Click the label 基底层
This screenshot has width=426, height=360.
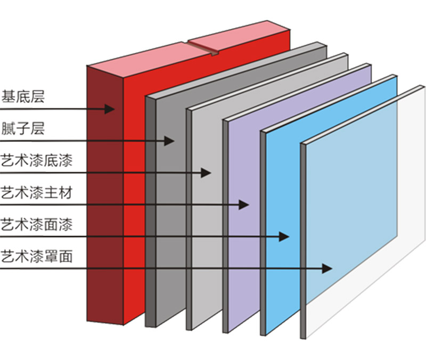[23, 97]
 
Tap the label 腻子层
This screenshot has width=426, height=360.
[23, 128]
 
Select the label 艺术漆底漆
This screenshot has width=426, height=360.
[37, 160]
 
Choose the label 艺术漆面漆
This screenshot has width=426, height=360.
[37, 224]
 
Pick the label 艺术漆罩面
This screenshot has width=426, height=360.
[37, 256]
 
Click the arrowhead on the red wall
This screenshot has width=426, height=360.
[110, 109]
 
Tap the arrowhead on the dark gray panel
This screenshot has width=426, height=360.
[170, 141]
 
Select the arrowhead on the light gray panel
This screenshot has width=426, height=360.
[207, 173]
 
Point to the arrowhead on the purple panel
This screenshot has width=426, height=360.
[244, 204]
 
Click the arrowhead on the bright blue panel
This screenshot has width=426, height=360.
[284, 236]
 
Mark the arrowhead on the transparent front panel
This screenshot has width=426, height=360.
[327, 268]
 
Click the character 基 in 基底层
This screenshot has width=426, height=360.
[8, 97]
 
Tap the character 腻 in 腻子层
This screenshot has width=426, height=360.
[8, 128]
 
